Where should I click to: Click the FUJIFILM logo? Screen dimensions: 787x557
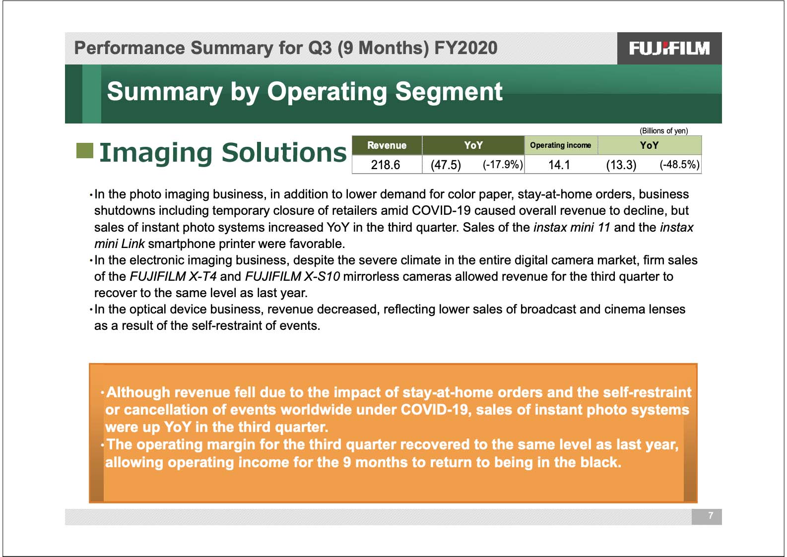click(669, 49)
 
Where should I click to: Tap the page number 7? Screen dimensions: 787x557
click(711, 515)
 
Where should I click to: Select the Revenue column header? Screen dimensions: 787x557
click(387, 145)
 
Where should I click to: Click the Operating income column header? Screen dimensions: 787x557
click(561, 145)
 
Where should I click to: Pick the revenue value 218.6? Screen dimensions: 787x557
click(386, 165)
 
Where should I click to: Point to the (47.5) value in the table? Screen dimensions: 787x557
click(446, 165)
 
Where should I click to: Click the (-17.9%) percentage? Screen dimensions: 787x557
click(503, 164)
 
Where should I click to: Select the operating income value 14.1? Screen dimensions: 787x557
click(559, 165)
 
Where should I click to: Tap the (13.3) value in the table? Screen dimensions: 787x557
click(621, 165)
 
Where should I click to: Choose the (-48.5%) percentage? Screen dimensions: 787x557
click(679, 164)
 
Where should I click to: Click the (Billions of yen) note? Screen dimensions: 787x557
click(663, 130)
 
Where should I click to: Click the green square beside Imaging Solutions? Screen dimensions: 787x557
click(85, 151)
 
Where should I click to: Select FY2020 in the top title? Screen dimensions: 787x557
click(466, 48)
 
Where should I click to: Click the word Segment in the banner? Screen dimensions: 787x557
click(449, 92)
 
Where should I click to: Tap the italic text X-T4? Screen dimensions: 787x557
click(203, 276)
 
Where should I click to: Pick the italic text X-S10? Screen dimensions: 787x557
click(322, 276)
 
